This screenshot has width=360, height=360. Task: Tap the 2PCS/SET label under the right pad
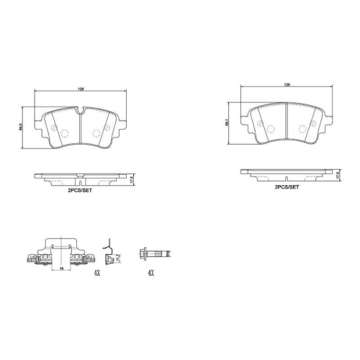(x=286, y=186)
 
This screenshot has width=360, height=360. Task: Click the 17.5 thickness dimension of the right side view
(x=337, y=175)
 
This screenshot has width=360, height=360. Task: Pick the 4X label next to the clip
(x=96, y=273)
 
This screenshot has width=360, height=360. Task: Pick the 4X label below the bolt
(x=150, y=273)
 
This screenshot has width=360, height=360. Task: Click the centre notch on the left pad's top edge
(x=79, y=111)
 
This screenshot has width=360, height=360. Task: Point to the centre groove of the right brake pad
(x=287, y=122)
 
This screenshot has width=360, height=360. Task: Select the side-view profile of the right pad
(x=286, y=173)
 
